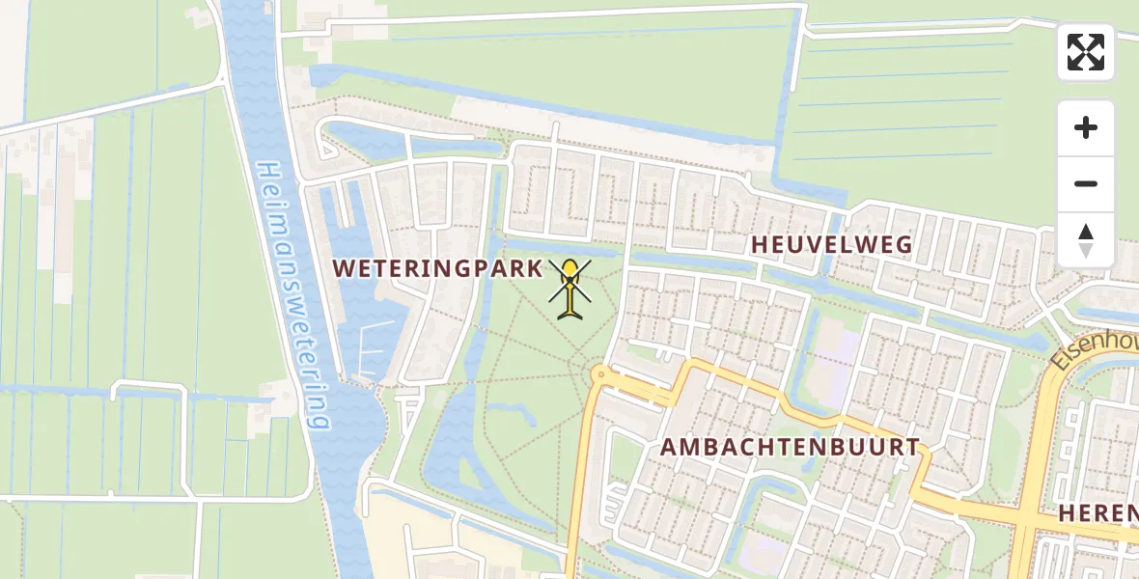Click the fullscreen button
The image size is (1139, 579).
click(1086, 52)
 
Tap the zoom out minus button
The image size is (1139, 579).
click(1086, 183)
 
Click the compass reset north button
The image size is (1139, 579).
click(1086, 240)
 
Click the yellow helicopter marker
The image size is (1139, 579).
click(570, 288)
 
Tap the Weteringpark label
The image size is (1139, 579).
click(438, 268)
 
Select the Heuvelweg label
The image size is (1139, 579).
click(831, 245)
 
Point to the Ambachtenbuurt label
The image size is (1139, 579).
click(790, 447)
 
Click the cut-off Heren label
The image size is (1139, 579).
click(1097, 512)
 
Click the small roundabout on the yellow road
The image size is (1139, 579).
click(599, 373)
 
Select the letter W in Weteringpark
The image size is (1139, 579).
click(344, 268)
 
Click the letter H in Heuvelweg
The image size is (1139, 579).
click(760, 245)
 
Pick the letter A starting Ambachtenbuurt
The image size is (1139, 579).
click(669, 447)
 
